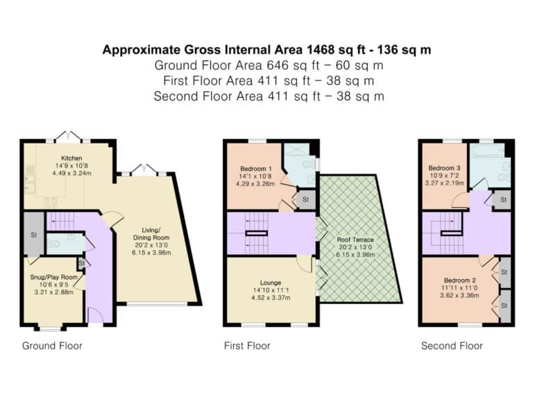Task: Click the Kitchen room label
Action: pyautogui.click(x=71, y=158)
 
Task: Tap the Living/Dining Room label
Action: pyautogui.click(x=151, y=233)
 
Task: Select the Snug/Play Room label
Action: pyautogui.click(x=53, y=277)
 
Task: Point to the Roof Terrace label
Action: pyautogui.click(x=355, y=240)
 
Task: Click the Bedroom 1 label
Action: pyautogui.click(x=256, y=169)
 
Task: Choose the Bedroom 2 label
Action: pyautogui.click(x=460, y=281)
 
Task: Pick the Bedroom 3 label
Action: pyautogui.click(x=444, y=168)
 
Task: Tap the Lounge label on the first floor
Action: pyautogui.click(x=271, y=283)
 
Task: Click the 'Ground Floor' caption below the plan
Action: pyautogui.click(x=52, y=346)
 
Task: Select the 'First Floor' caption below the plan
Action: pyautogui.click(x=247, y=346)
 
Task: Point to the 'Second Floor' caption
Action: pyautogui.click(x=452, y=346)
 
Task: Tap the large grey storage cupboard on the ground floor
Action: pyautogui.click(x=33, y=234)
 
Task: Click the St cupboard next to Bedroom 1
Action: pyautogui.click(x=305, y=199)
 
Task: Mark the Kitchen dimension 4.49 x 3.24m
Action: pyautogui.click(x=71, y=173)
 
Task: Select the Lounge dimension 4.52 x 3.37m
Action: pyautogui.click(x=271, y=298)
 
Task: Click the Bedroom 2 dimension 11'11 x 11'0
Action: pyautogui.click(x=460, y=287)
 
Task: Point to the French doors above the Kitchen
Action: pyautogui.click(x=69, y=135)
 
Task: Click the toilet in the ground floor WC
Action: pyautogui.click(x=54, y=244)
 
